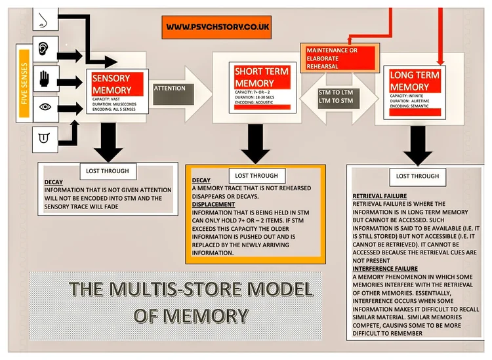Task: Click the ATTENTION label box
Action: (169, 89)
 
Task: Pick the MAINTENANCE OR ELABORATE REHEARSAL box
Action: (339, 57)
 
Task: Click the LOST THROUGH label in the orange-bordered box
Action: (256, 176)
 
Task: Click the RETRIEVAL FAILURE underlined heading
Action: (380, 196)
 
